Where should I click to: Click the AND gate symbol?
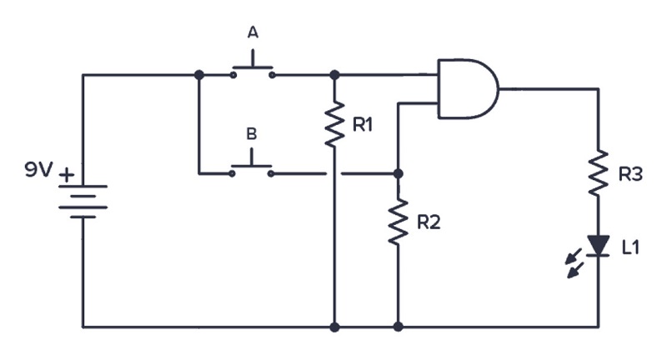[468, 88]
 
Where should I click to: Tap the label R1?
[363, 125]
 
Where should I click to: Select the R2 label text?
[429, 222]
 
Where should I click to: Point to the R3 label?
[630, 174]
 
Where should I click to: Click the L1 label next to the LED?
[630, 247]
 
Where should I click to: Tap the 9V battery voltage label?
[38, 170]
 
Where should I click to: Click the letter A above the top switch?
[253, 32]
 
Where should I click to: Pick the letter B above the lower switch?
[252, 134]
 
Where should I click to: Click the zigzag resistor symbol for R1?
[335, 124]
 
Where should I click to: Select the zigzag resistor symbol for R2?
[399, 222]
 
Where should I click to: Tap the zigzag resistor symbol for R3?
[599, 172]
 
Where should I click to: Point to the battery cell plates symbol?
[83, 202]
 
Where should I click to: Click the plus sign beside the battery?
[67, 175]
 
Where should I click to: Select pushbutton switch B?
[252, 164]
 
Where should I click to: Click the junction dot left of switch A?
[198, 75]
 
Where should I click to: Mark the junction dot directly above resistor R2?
[399, 173]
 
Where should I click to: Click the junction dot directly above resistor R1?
[335, 75]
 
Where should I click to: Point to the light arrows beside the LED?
[574, 263]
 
